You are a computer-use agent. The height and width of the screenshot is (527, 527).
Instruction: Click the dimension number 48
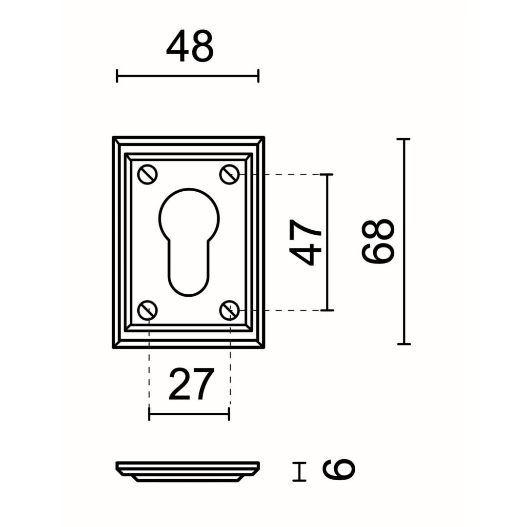(190, 46)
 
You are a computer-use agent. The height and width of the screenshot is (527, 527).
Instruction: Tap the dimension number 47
(305, 242)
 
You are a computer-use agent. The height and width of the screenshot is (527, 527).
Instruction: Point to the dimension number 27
(191, 384)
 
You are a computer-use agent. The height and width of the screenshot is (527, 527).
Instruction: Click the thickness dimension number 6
(339, 469)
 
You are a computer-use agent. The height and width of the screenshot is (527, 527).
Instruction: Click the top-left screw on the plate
(147, 174)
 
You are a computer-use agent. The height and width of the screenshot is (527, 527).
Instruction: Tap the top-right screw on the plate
(229, 174)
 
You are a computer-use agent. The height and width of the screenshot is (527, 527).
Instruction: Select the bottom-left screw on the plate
(147, 310)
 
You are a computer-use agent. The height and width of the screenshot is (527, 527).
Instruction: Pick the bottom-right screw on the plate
(229, 310)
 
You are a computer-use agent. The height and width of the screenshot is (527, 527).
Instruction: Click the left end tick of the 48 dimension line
(117, 76)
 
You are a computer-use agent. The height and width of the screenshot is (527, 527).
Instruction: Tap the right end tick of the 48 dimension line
(258, 76)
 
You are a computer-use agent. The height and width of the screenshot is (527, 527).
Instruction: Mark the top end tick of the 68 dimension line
(404, 139)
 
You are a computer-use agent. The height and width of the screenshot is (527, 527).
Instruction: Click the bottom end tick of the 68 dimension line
(404, 344)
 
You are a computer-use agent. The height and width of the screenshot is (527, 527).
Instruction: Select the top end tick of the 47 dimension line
(326, 174)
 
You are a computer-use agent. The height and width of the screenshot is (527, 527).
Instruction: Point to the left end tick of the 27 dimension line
(149, 414)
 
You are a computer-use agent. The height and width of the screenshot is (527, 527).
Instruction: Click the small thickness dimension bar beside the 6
(299, 471)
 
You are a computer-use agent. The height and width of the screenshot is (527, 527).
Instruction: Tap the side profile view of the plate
(188, 471)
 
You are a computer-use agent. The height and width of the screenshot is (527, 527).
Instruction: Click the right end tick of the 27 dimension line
(228, 414)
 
